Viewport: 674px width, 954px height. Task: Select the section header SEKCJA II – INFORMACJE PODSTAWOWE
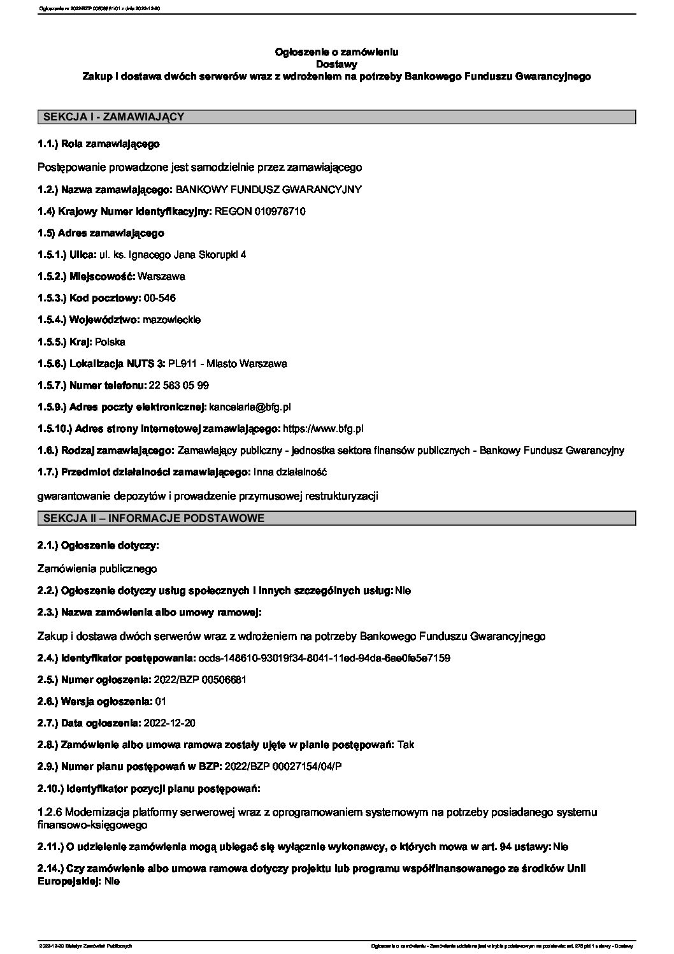point(153,518)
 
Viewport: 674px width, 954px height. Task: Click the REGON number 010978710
point(280,211)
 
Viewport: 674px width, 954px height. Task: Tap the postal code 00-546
point(160,298)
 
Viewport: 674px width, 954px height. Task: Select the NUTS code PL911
point(180,363)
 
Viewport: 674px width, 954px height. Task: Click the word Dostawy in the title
point(336,64)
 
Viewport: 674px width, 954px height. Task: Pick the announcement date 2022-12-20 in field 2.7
point(170,723)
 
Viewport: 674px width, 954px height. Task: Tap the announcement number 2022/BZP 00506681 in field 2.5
point(200,679)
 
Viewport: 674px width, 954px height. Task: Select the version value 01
point(161,701)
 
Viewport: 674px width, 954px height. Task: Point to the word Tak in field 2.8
point(406,744)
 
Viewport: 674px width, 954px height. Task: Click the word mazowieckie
point(172,319)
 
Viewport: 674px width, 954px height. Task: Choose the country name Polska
point(110,342)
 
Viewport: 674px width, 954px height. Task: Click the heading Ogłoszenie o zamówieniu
point(336,52)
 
